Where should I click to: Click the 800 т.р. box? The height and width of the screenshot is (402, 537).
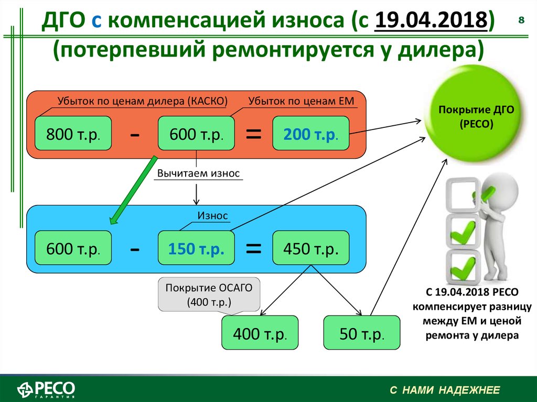coord(73,133)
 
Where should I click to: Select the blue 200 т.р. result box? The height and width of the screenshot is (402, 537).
coord(311,133)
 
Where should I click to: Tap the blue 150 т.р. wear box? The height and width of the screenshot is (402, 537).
coord(196,248)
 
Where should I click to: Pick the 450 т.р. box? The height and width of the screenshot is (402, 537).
coord(311,248)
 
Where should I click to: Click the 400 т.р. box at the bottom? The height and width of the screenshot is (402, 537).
coord(260,332)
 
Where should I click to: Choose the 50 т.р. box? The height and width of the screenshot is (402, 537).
coord(362,332)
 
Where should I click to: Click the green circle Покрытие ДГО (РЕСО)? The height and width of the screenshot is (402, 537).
coord(476,115)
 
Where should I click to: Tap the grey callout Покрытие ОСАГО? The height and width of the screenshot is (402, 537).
coord(209,295)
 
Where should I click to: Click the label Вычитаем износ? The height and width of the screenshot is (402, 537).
coord(198,173)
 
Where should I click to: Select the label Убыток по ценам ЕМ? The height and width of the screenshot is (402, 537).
coord(301,101)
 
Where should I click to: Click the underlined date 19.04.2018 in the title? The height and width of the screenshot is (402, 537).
coord(431,19)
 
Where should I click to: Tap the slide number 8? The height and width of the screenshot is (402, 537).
coord(521,20)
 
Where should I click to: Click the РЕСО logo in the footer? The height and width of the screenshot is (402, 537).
coord(46,389)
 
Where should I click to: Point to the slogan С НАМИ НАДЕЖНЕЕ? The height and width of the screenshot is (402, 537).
coord(445,390)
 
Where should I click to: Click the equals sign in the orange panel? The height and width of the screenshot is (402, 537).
coord(254,134)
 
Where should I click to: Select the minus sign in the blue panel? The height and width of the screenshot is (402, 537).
coord(135,249)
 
